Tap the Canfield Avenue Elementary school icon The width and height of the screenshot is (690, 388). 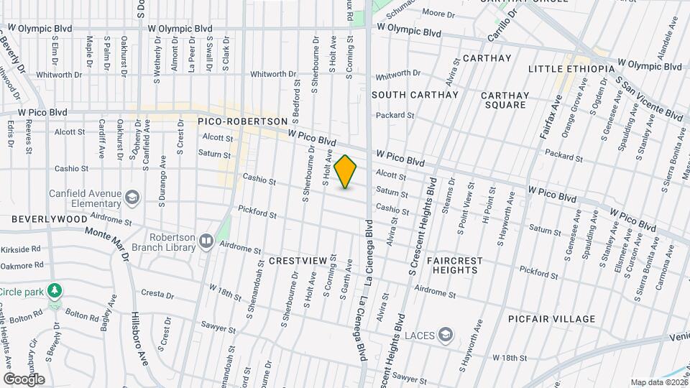pos(132,197)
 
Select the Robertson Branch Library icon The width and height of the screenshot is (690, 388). pos(206,241)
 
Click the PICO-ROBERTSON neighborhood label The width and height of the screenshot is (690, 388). pos(243,122)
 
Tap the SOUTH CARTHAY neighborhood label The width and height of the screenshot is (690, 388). pos(415,95)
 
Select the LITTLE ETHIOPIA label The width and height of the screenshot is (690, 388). pos(571,68)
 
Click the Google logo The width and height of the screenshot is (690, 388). pos(24,379)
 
